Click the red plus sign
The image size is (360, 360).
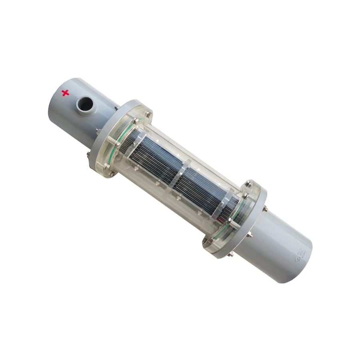(x=65, y=93)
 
